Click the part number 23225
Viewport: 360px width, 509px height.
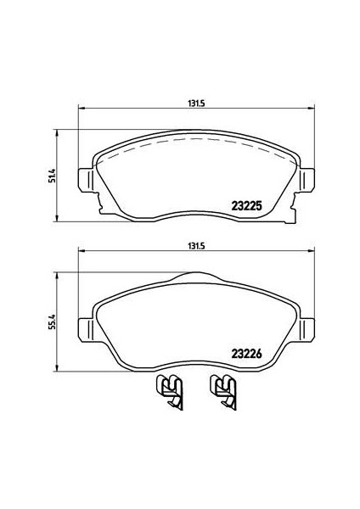pyautogui.click(x=246, y=206)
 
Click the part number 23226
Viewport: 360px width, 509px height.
pyautogui.click(x=246, y=354)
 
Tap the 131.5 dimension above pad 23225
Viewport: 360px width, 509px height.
pyautogui.click(x=196, y=103)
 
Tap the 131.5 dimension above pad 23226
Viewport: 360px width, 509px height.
pyautogui.click(x=196, y=246)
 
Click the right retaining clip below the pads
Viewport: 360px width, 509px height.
pyautogui.click(x=223, y=392)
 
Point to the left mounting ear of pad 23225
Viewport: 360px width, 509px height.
pyautogui.click(x=86, y=180)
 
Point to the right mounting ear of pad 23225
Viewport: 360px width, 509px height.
pyautogui.click(x=307, y=180)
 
